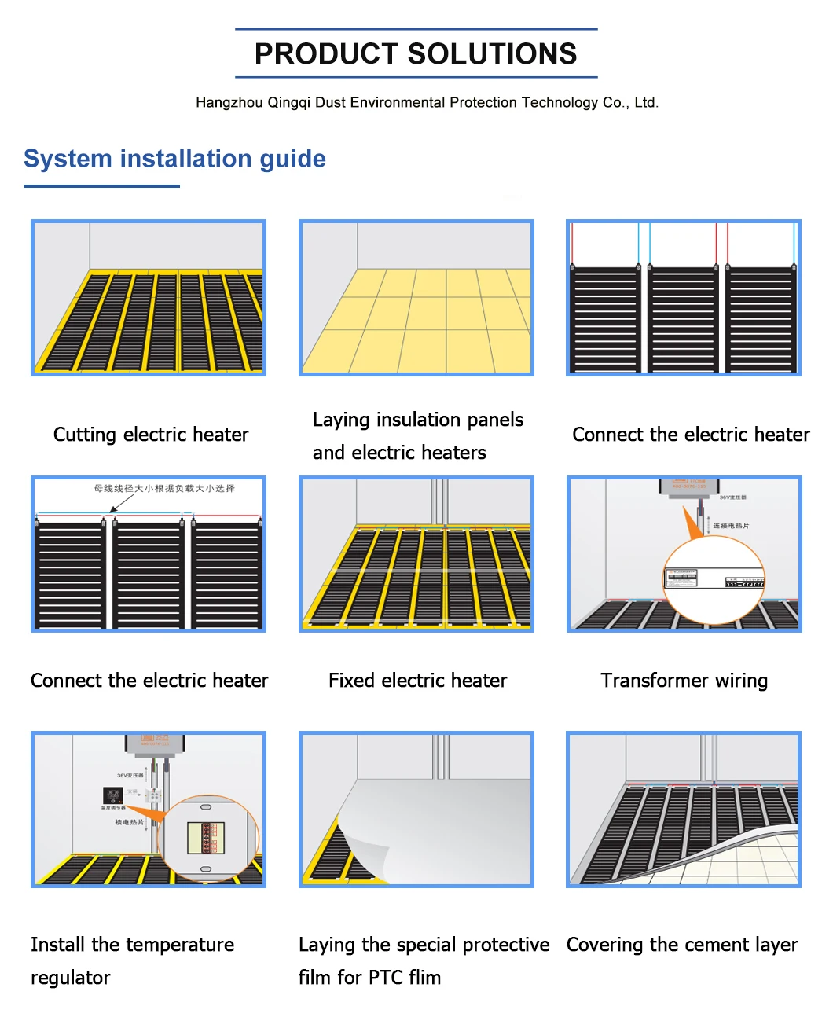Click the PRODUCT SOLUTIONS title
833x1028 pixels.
click(x=416, y=53)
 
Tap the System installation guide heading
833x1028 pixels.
click(x=174, y=159)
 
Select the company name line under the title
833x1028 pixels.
click(x=427, y=103)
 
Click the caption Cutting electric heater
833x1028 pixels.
click(x=150, y=435)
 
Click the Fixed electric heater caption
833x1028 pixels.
click(x=417, y=681)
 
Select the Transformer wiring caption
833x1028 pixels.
click(x=684, y=681)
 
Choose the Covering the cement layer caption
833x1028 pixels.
click(x=681, y=945)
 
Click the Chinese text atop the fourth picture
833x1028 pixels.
click(x=164, y=489)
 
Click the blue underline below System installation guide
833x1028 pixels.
click(x=101, y=186)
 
